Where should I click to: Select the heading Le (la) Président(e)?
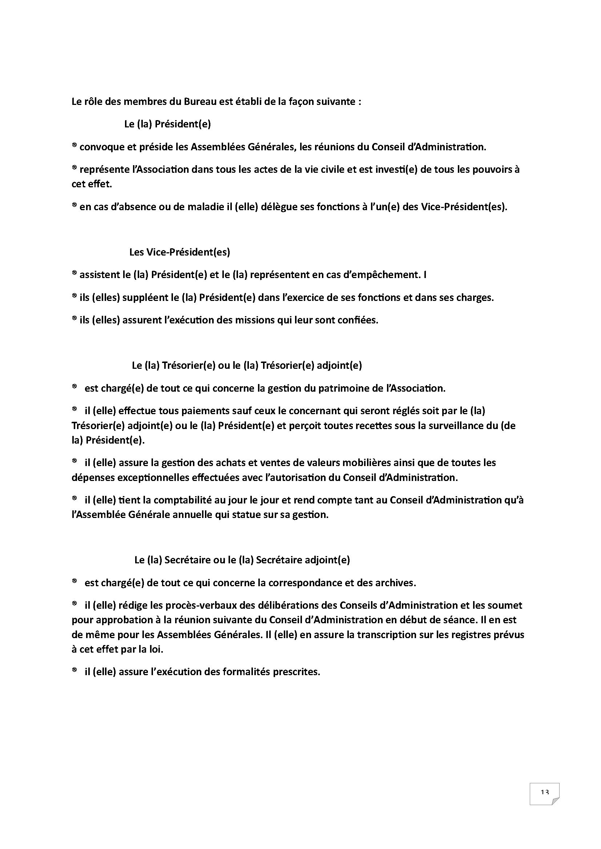point(167,124)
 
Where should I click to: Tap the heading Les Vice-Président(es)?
point(180,252)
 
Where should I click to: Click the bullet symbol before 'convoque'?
point(74,146)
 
